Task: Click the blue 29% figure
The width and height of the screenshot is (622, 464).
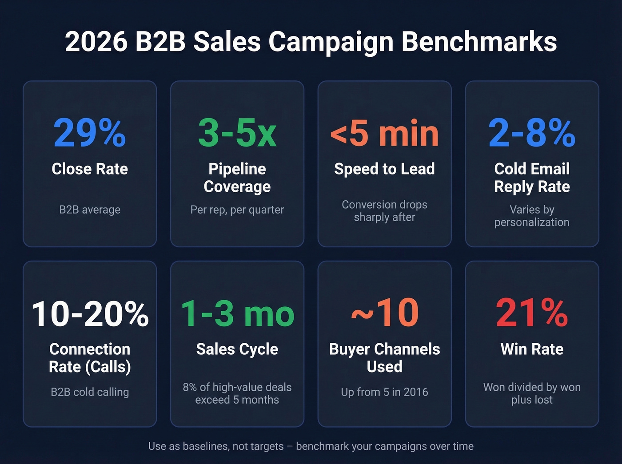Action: point(90,133)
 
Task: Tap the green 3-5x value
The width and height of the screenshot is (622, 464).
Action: point(237,133)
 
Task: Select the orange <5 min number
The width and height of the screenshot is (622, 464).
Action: point(384,133)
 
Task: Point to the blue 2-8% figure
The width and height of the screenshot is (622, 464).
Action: point(532,133)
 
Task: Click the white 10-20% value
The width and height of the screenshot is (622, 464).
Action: point(90,313)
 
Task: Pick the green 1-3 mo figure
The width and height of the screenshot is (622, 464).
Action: point(237,313)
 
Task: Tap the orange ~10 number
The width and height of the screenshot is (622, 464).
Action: point(384,313)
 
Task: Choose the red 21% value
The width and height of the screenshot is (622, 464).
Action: point(532,313)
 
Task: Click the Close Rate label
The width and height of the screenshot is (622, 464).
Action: point(90,169)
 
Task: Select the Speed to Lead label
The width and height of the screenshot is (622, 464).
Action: point(384,169)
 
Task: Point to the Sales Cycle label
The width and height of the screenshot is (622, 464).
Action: point(237,349)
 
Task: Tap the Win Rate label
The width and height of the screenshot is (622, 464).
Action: point(532,349)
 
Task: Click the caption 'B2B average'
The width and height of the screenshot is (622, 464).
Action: point(90,210)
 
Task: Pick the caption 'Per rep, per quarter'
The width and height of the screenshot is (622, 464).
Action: point(237,210)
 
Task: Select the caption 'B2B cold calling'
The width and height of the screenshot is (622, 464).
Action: point(90,392)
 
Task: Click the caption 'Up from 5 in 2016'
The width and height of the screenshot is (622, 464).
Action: point(384,392)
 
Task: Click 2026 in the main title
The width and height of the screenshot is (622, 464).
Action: point(96,42)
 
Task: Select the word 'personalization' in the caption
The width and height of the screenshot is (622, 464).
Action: point(532,222)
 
